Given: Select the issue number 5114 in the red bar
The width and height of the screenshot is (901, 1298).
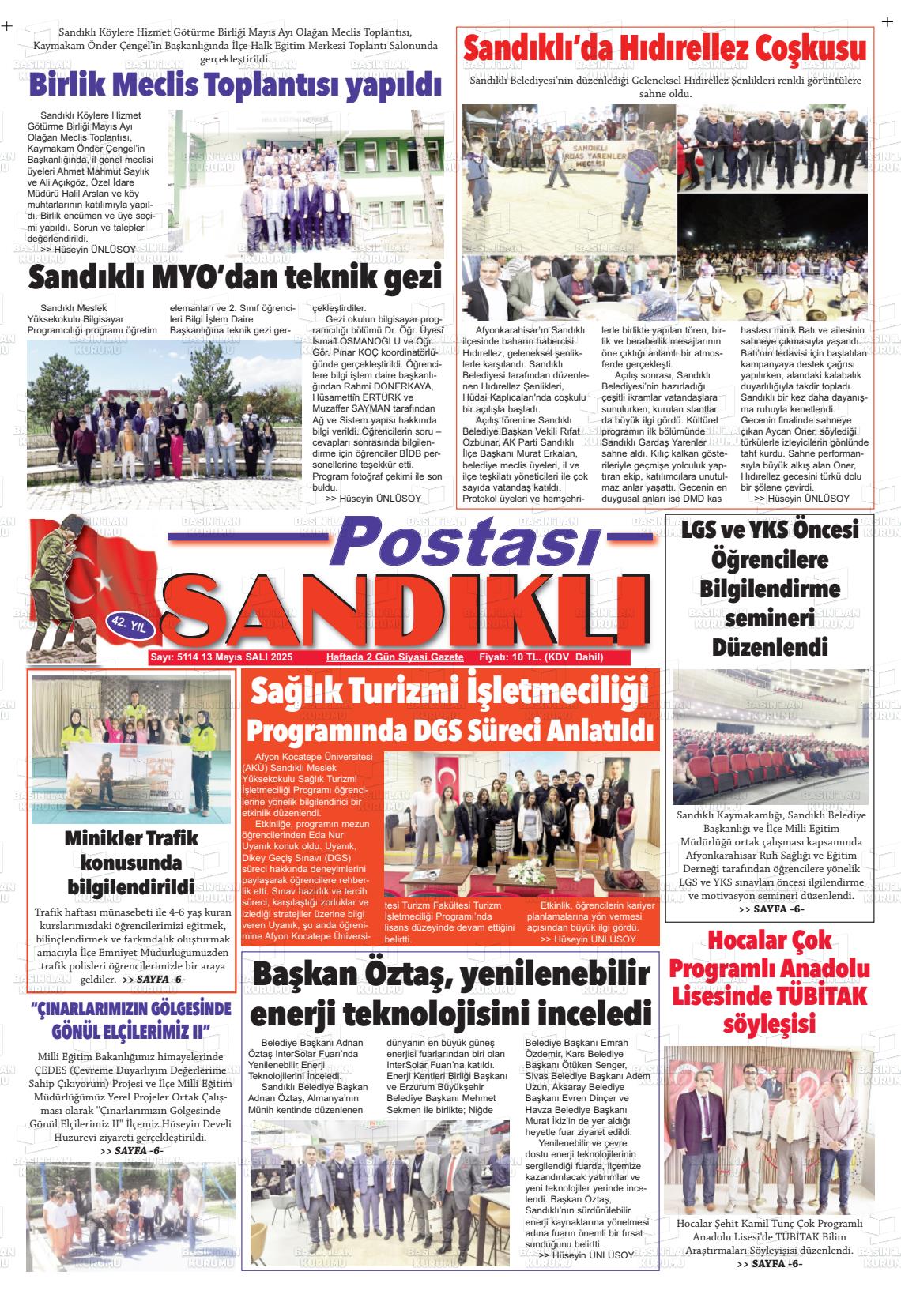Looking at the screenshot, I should click(187, 657).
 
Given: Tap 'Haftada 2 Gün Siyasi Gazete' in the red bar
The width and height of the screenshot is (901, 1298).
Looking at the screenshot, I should click(394, 657).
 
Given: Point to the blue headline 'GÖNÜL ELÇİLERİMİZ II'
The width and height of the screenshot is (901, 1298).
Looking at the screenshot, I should click(130, 1032).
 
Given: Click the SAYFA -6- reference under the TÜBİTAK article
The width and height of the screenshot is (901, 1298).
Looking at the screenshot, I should click(770, 1286).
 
